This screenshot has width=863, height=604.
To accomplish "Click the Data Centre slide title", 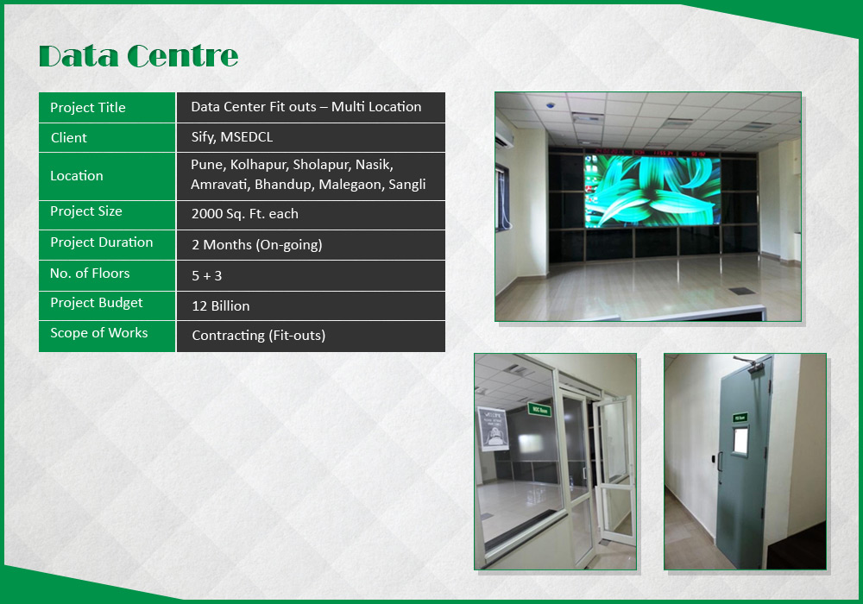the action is (x=138, y=56).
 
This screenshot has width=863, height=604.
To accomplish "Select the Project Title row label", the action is (x=88, y=107).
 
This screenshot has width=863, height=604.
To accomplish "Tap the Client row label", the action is (x=69, y=137).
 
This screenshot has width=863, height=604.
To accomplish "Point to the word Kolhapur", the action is (x=259, y=165).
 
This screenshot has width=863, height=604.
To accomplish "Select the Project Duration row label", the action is (x=102, y=242).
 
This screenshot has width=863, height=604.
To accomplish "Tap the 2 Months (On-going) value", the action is (x=257, y=245).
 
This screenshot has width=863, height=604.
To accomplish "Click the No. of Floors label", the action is (x=90, y=274).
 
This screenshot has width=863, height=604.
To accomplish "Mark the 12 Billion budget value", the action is (x=221, y=305).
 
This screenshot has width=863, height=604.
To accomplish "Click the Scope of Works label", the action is (x=99, y=333).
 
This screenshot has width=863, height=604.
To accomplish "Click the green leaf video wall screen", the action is (x=652, y=191).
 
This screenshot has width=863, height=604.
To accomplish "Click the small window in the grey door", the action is (x=740, y=441).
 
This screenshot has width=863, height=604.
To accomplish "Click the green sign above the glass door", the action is (x=539, y=410).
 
